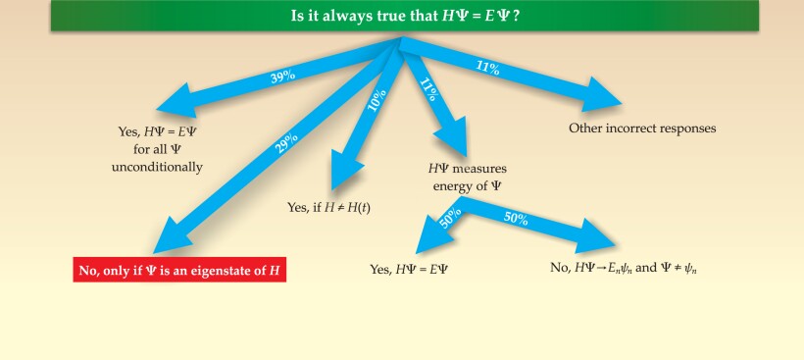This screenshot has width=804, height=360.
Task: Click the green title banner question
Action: (x=401, y=16)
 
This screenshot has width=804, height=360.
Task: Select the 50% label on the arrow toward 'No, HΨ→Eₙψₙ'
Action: (x=516, y=218)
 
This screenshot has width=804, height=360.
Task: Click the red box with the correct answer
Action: (x=178, y=269)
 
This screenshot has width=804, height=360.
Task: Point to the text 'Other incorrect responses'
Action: (x=642, y=129)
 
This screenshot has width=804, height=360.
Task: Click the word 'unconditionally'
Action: (x=160, y=167)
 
